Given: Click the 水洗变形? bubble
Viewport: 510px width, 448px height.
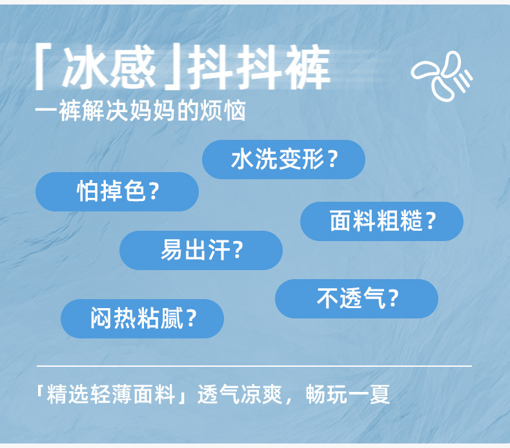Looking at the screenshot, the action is [283, 159].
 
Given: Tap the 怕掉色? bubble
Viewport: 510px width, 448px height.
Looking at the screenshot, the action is [117, 191].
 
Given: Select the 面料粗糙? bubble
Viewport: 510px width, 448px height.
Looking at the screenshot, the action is [382, 221].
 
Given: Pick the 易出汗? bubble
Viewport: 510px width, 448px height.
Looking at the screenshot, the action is [201, 250].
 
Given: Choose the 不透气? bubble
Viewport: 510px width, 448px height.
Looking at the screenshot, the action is [356, 298].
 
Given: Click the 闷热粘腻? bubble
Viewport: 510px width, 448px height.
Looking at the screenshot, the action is [143, 318].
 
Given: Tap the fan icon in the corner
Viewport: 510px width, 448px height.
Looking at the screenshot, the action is [442, 75].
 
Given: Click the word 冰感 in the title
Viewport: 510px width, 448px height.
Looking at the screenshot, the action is [109, 67].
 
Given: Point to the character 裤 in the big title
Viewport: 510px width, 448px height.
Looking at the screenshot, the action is [308, 67].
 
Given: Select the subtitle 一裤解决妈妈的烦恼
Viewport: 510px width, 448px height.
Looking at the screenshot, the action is [140, 111].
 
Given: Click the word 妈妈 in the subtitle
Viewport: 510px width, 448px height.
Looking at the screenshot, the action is [153, 111].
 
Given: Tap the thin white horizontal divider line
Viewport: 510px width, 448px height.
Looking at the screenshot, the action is [254, 365].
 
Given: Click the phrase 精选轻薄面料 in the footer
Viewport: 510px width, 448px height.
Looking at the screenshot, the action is [111, 394].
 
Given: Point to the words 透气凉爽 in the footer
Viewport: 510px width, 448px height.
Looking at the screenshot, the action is [240, 394].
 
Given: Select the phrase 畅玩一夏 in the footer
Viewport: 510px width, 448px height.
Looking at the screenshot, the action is [348, 394].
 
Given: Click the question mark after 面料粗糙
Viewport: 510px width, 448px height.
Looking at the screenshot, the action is [431, 221].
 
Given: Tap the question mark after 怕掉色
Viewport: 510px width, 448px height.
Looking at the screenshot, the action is [154, 191].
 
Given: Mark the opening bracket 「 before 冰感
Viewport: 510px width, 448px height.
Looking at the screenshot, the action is [42, 66].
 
